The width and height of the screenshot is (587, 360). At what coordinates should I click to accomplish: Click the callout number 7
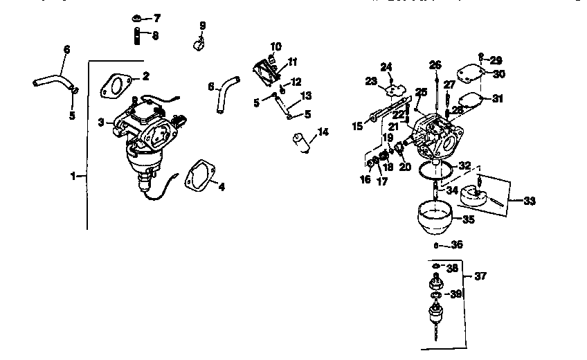(x=156, y=17)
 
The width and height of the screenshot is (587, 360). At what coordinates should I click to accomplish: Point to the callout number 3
(x=100, y=122)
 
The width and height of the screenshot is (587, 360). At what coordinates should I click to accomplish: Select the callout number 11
(x=293, y=61)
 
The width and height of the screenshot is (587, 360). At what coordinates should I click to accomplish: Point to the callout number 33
(x=530, y=201)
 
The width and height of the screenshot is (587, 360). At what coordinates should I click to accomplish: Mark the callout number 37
(x=480, y=276)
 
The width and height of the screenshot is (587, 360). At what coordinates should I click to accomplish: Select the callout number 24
(x=386, y=66)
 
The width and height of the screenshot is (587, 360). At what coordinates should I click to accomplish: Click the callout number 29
(x=496, y=60)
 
